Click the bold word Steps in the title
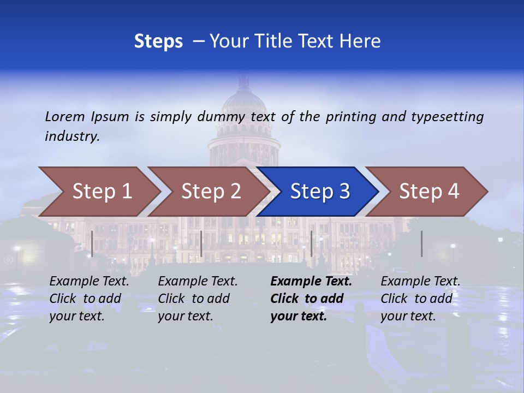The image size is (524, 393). coord(158,41)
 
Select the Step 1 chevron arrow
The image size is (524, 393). coord(102,192)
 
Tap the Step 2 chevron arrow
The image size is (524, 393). coord(211,192)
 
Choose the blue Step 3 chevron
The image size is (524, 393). coord(320,192)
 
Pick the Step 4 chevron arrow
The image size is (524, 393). coord(429,192)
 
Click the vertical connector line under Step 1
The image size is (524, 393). coord(92,243)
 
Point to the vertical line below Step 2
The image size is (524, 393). coord(201,243)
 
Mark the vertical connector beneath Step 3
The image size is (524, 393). coord(312,243)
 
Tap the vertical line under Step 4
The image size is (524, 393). coord(422,243)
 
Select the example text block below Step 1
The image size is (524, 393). coord(89,299)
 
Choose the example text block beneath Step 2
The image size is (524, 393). coord(198,299)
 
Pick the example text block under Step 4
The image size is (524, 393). coord(420,299)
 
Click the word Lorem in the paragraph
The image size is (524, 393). coord(65,117)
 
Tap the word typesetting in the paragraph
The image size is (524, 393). coord(447,117)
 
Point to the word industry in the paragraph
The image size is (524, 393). coord(72,136)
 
